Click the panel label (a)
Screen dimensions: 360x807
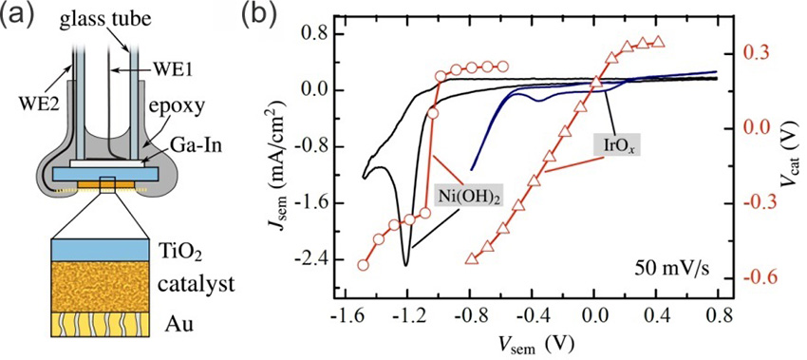coord(20,14)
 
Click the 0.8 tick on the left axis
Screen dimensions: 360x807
coord(311,34)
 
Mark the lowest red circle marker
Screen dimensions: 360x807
coord(363,265)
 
